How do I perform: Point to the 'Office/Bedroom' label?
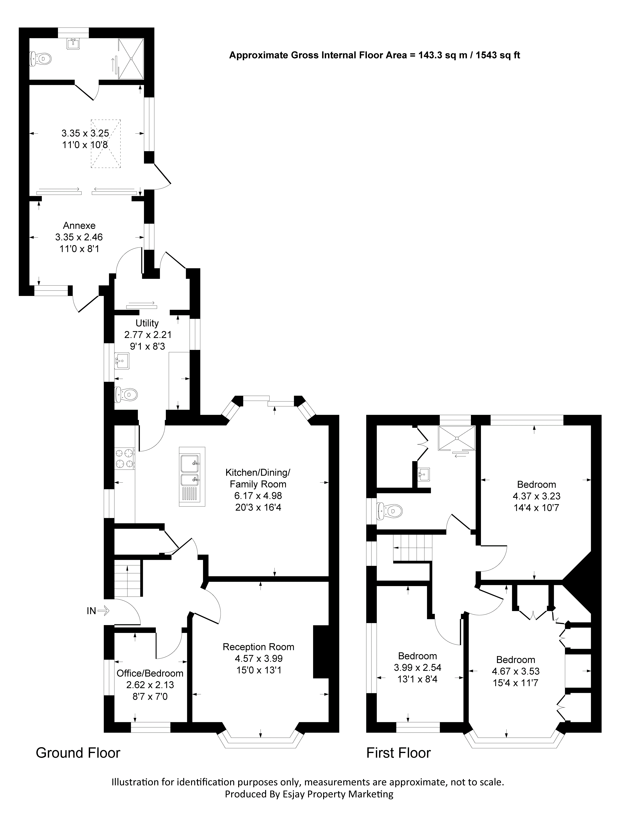pos(150,673)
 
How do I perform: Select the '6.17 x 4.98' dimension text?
pos(258,496)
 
